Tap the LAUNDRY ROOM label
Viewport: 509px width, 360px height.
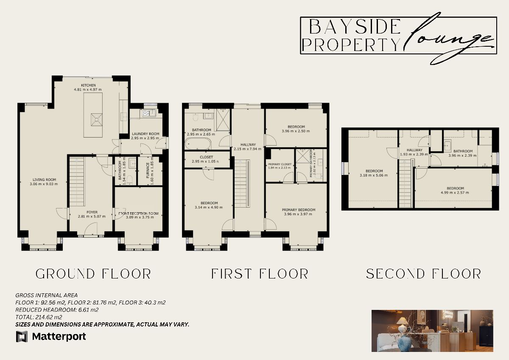tap(145, 134)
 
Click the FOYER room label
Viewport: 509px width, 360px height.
tap(92, 212)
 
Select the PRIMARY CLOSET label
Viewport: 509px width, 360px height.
tap(280, 164)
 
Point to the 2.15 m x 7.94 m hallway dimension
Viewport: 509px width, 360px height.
tap(248, 149)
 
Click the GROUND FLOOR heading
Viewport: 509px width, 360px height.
tap(93, 274)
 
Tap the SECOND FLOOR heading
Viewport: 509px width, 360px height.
tap(423, 274)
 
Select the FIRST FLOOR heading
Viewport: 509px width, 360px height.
tap(260, 274)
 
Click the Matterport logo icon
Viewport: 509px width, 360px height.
tap(22, 337)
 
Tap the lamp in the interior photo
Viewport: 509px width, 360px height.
tap(403, 327)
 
